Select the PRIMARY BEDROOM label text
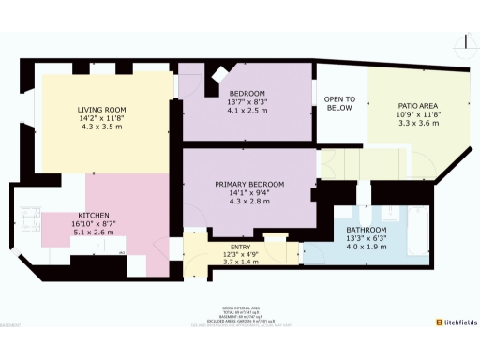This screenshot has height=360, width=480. tap(248, 184)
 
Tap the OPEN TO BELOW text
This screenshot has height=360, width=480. tap(339, 103)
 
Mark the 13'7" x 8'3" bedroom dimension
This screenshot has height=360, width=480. tap(248, 102)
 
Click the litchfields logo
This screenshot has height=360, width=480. tap(455, 322)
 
